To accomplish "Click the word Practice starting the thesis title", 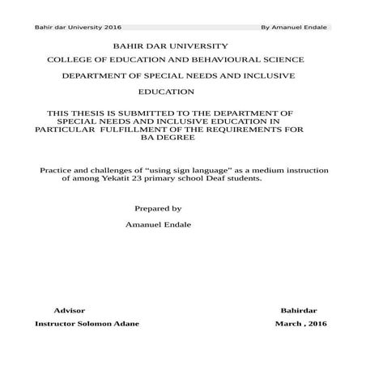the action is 57,171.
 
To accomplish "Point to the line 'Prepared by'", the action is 158,209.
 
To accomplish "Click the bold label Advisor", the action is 69,311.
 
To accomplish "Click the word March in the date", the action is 288,324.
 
